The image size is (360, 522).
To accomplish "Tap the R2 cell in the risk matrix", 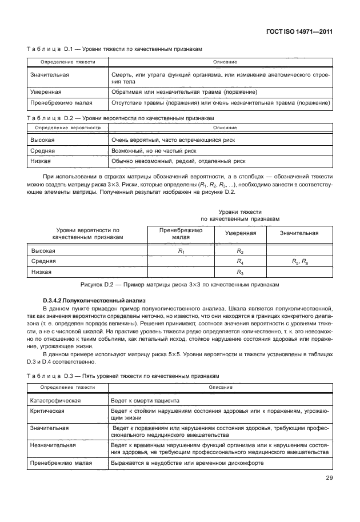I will tap(240, 252).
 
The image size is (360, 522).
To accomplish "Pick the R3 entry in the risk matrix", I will tap(240, 272).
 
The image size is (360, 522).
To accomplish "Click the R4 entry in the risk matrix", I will tap(240, 262).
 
